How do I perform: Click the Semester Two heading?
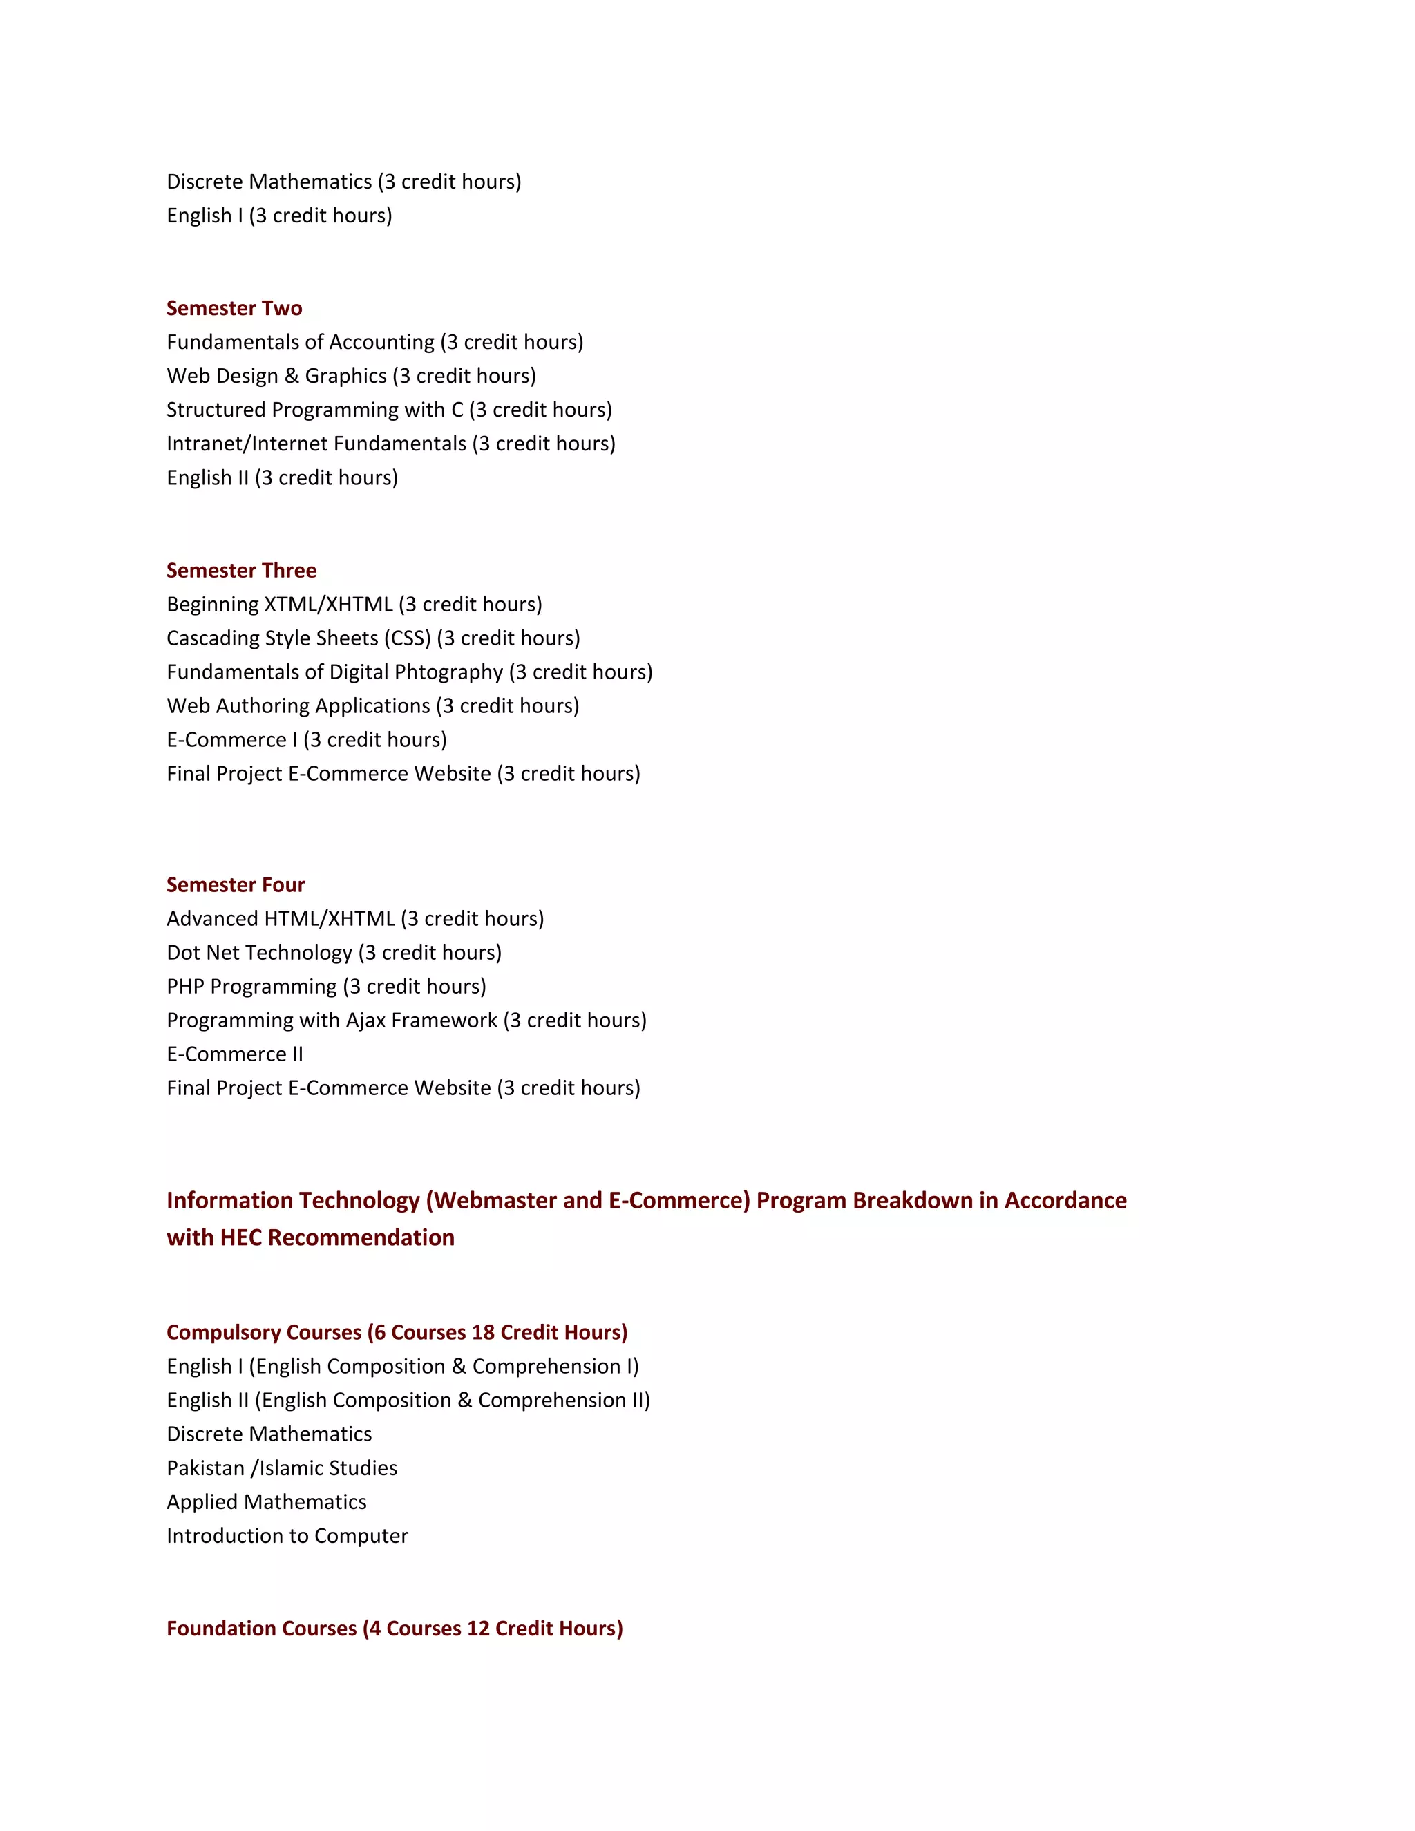[x=234, y=309]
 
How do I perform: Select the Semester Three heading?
[x=241, y=571]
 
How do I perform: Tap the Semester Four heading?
[x=236, y=885]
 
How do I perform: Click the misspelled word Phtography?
[x=448, y=672]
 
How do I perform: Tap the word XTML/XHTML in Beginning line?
[x=327, y=605]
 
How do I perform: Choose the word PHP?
[x=185, y=987]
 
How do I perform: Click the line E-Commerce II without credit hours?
[x=235, y=1054]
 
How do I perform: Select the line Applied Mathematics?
[x=267, y=1502]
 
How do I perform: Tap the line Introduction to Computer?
[x=287, y=1536]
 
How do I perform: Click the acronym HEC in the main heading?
[x=240, y=1238]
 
